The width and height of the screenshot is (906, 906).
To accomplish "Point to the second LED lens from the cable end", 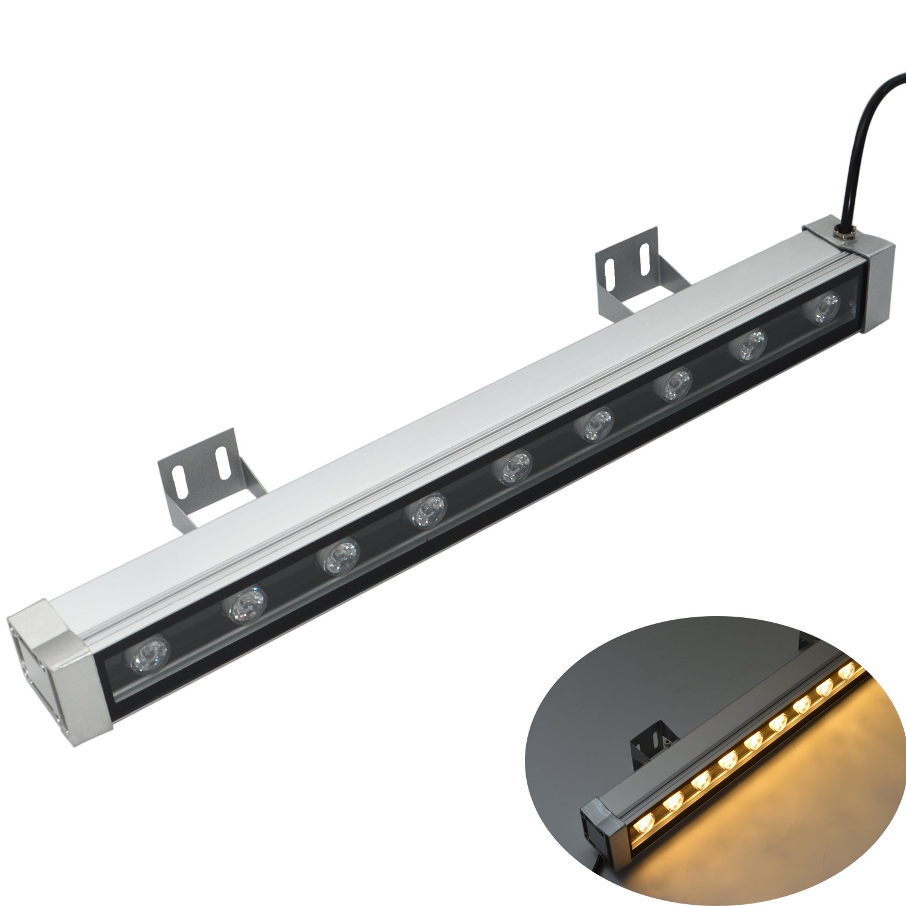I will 750,347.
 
